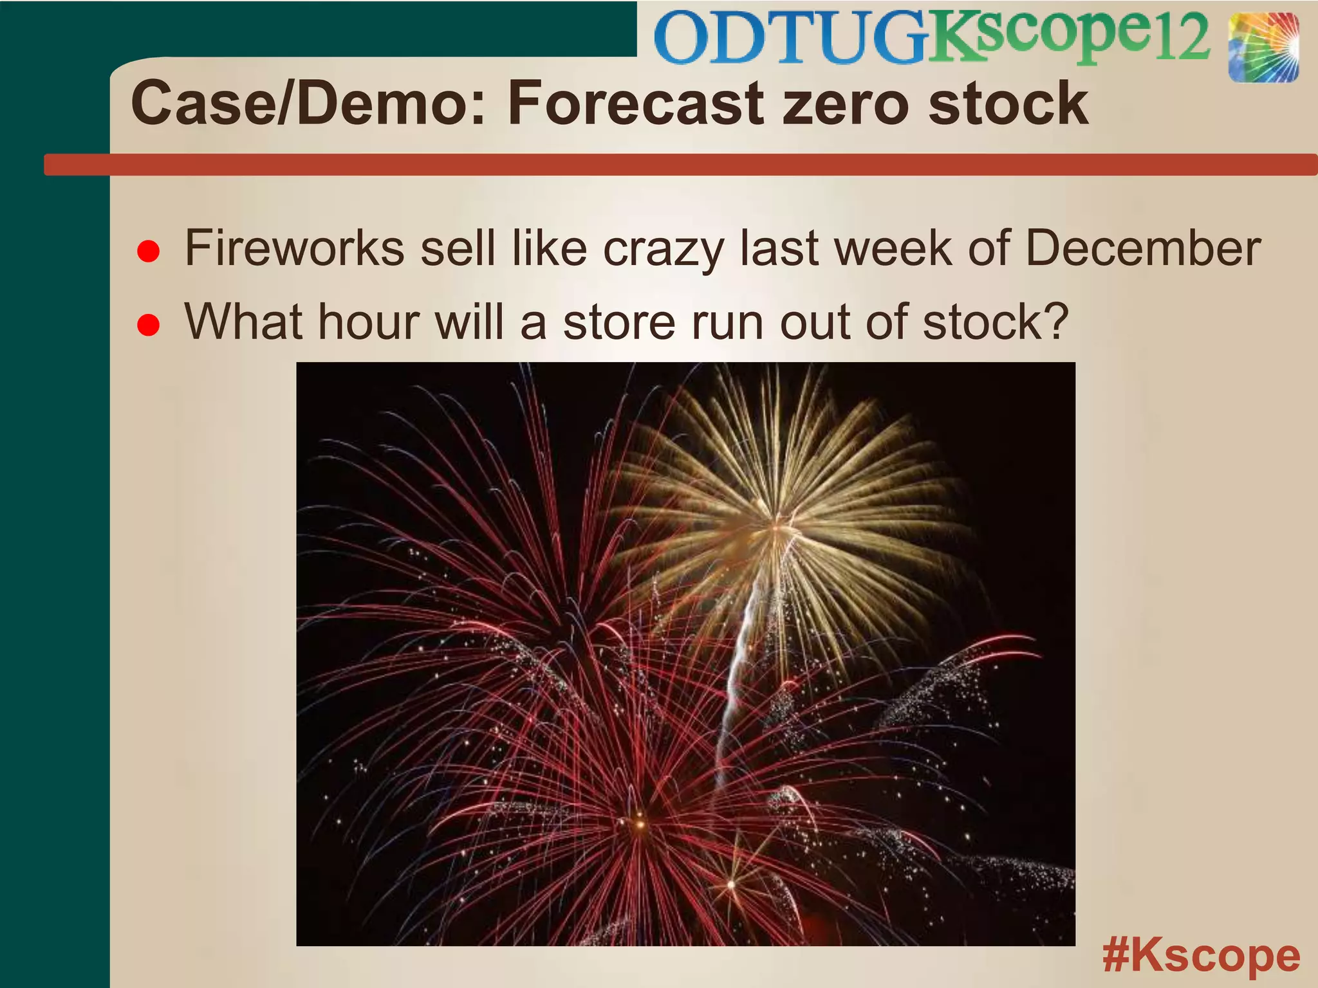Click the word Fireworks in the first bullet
click(295, 248)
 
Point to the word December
click(1142, 248)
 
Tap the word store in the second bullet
click(619, 322)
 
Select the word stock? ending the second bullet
click(996, 322)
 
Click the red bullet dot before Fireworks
click(149, 252)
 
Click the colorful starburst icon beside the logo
click(1263, 48)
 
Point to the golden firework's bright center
click(775, 529)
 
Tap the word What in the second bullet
click(244, 322)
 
